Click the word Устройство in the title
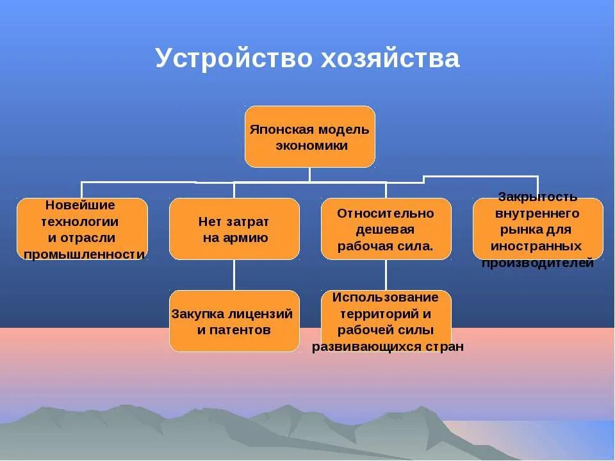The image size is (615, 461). (x=231, y=59)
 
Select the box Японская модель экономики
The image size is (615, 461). (x=310, y=136)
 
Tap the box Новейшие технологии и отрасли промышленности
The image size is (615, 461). (x=82, y=229)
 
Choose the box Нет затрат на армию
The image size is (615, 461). (x=234, y=229)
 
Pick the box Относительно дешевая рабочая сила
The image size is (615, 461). (x=386, y=229)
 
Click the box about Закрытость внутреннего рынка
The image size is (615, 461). (x=537, y=229)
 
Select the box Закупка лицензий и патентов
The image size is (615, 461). (x=234, y=321)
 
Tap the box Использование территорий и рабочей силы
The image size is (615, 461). (x=386, y=321)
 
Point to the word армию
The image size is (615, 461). (x=243, y=238)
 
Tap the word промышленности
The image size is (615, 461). (x=84, y=255)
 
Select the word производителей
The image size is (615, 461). (x=537, y=263)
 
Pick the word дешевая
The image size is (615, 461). (x=386, y=229)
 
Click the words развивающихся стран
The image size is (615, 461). (x=388, y=347)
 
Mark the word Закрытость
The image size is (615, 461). (x=537, y=196)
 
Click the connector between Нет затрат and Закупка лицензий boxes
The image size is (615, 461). (x=234, y=275)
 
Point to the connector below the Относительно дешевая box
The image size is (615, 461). (x=386, y=275)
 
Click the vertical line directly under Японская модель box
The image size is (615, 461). (x=310, y=174)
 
